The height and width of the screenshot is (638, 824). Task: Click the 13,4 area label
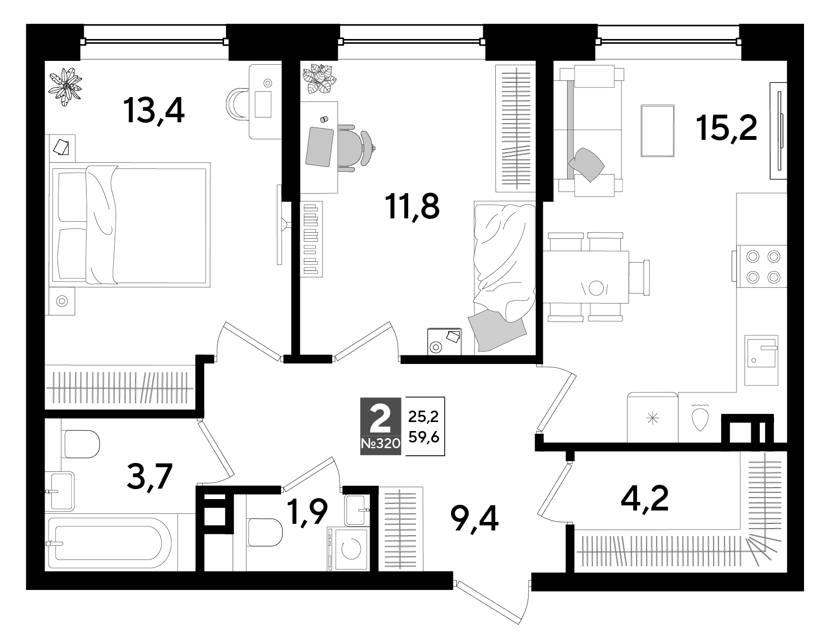(x=153, y=110)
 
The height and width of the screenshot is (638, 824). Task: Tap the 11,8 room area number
(x=413, y=207)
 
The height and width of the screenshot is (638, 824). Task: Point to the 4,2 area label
(x=645, y=499)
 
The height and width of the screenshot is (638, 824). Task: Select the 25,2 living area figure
(x=423, y=417)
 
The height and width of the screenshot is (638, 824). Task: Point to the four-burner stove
(x=761, y=266)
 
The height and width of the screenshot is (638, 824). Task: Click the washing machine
(x=348, y=549)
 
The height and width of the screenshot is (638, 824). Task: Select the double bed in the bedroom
(x=129, y=226)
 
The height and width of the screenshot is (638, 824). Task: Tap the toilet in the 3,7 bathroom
(x=80, y=444)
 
